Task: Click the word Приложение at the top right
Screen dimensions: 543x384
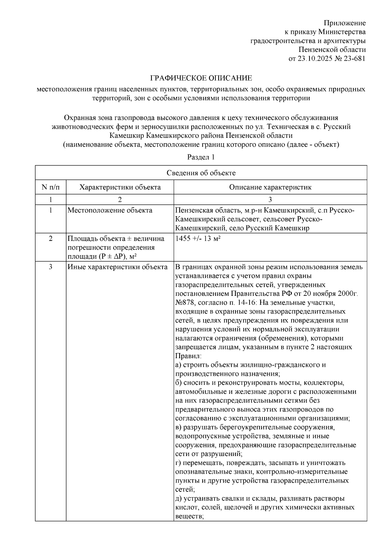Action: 345,23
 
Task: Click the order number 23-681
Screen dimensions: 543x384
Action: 355,59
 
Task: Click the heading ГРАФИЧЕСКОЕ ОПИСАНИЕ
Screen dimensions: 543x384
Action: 201,78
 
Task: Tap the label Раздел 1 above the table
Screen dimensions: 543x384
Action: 201,157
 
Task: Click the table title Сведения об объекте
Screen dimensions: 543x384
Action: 201,173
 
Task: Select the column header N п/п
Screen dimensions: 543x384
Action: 51,187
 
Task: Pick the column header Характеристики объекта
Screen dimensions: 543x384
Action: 120,187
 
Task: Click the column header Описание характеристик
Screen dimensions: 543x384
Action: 270,187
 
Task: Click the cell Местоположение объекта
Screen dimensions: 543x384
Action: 110,210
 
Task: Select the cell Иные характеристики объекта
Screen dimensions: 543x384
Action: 117,267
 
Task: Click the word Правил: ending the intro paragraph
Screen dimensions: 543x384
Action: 188,356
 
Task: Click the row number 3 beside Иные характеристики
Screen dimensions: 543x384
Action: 51,267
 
